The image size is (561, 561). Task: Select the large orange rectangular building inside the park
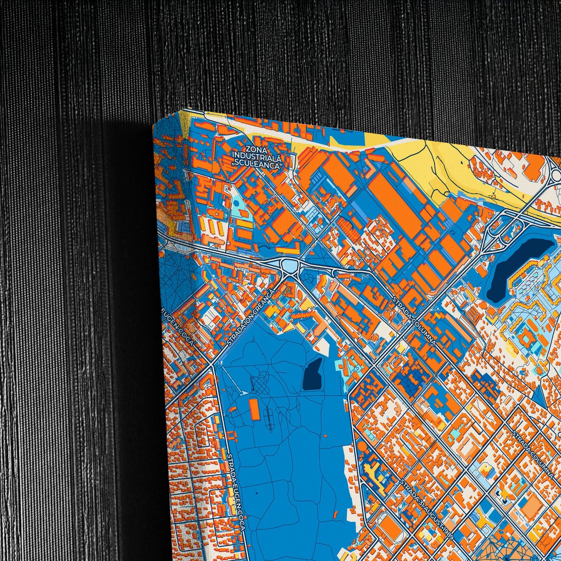(254, 410)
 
